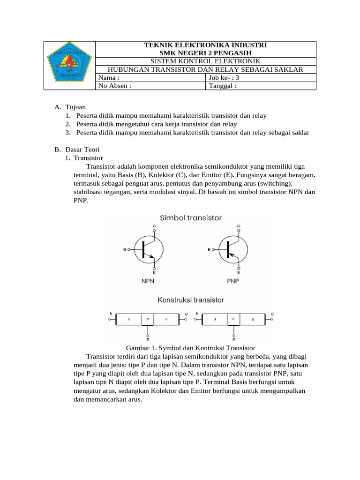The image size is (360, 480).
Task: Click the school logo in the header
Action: (69, 65)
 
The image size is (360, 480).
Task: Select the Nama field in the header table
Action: (150, 78)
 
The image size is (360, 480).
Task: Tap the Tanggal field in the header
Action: (261, 86)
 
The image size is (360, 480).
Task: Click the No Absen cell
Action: (150, 86)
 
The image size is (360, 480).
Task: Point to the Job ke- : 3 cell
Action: (261, 78)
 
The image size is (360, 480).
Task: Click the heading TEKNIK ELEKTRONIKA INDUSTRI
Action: (206, 45)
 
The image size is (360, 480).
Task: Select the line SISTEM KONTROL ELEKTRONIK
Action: (206, 61)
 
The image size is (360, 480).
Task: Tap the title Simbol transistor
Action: (191, 218)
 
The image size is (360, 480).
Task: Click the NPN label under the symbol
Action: (148, 281)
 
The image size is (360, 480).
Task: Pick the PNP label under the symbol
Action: (233, 281)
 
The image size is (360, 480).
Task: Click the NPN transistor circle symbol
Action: (149, 249)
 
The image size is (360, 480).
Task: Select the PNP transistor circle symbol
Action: (234, 249)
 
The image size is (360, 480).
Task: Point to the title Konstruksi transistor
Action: (191, 300)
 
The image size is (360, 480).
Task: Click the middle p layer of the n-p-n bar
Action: (148, 319)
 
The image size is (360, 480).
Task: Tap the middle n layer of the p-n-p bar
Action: (233, 319)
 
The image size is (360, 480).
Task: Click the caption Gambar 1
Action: (191, 348)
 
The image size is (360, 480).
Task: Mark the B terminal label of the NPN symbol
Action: (125, 250)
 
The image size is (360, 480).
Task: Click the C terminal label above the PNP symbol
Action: (239, 226)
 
